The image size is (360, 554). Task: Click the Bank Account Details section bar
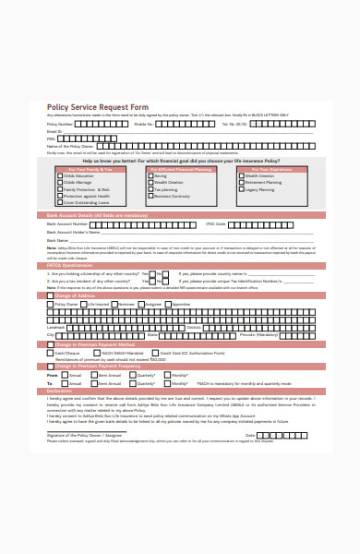click(97, 214)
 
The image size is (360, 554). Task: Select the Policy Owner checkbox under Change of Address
click(51, 303)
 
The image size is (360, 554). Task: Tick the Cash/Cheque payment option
click(51, 353)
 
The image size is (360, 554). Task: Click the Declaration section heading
click(60, 391)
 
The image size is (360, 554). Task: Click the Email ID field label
click(54, 131)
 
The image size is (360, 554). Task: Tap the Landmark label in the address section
click(55, 327)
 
